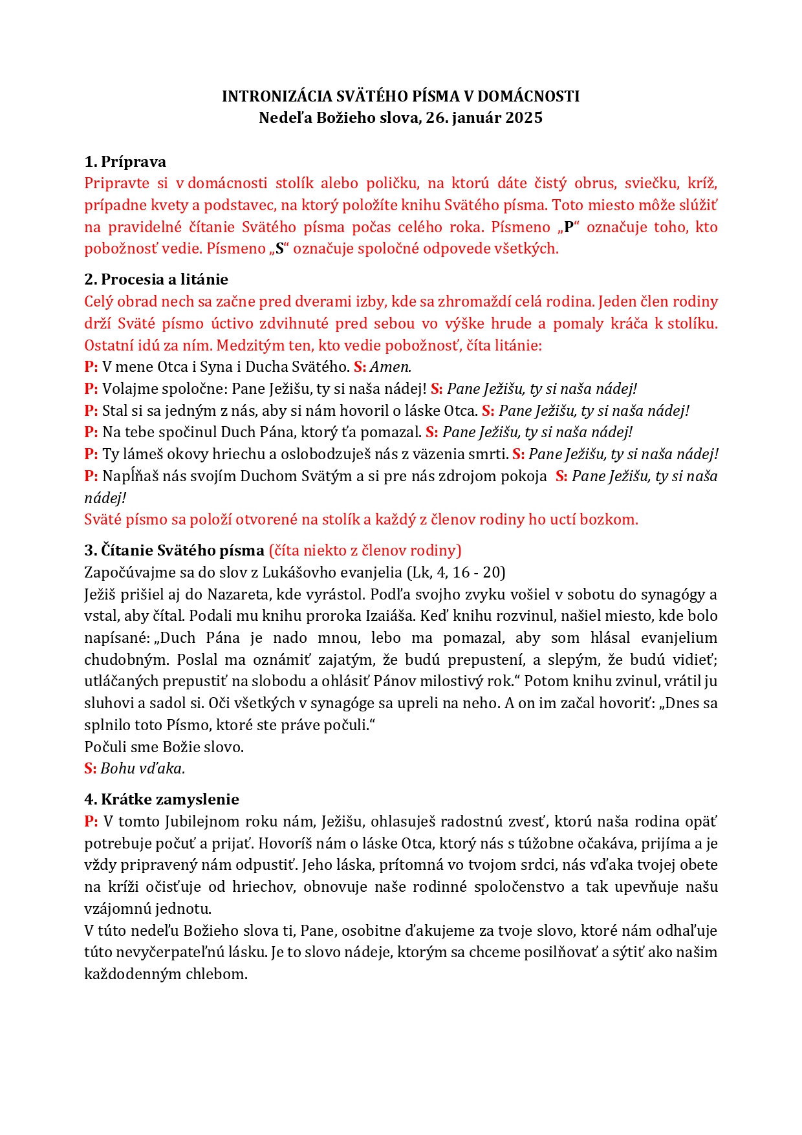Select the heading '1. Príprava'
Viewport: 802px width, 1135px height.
point(125,162)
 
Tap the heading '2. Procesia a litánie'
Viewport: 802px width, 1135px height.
point(157,279)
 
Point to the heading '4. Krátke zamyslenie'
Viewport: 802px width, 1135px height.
point(162,799)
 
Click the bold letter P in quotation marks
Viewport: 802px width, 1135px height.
point(569,227)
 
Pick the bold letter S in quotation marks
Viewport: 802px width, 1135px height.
point(280,249)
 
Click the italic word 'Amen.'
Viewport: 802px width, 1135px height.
point(391,367)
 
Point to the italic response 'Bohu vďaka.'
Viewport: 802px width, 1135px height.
point(143,768)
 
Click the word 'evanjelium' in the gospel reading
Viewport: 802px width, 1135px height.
point(678,638)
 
